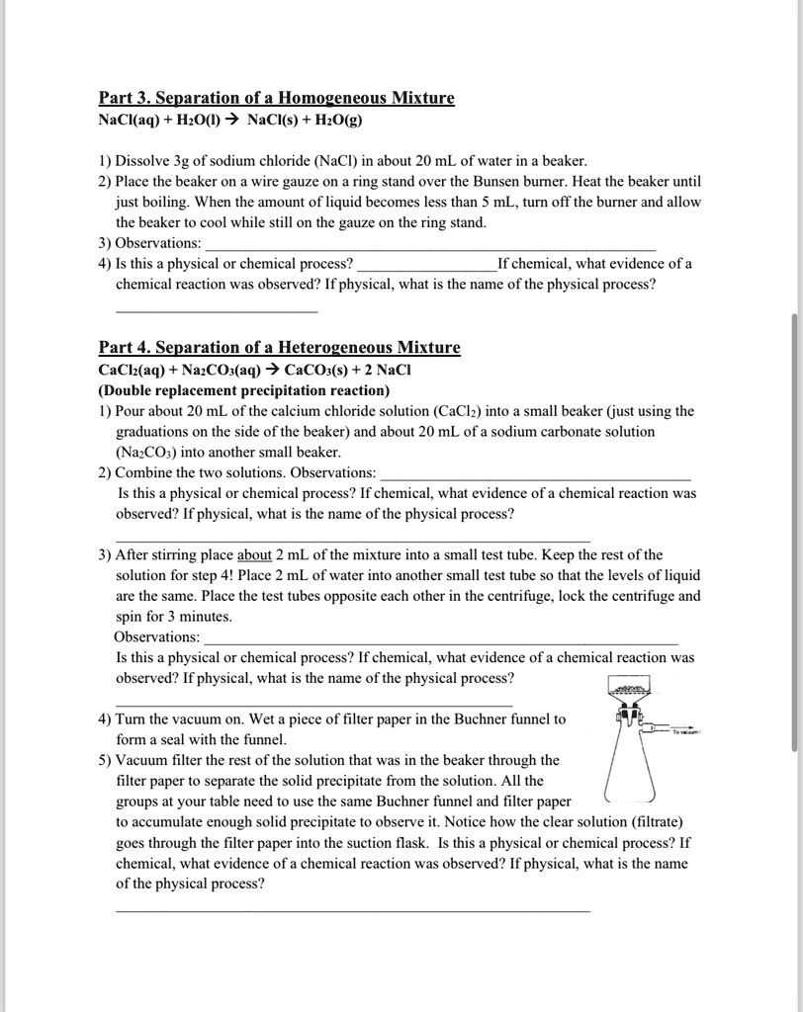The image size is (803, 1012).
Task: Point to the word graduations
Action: [x=155, y=431]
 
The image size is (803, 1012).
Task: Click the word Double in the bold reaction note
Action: [x=124, y=389]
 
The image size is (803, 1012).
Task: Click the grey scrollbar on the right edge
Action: [x=795, y=534]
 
